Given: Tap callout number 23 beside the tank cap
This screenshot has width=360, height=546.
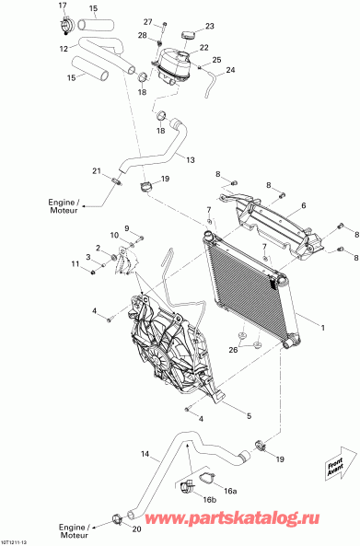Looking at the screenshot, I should click(210, 26).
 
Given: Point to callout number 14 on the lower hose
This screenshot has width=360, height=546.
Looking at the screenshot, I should click(144, 455).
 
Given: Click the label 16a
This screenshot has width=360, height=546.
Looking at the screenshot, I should click(230, 492).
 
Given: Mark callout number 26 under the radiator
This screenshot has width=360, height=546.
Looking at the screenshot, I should click(235, 350).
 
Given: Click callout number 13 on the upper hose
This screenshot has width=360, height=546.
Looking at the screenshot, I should click(191, 160).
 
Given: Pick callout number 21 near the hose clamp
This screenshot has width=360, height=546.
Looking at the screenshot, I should click(95, 170).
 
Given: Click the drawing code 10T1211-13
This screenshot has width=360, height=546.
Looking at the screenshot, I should click(19, 540).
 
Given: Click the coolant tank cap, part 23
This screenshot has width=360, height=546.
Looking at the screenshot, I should click(191, 34).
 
